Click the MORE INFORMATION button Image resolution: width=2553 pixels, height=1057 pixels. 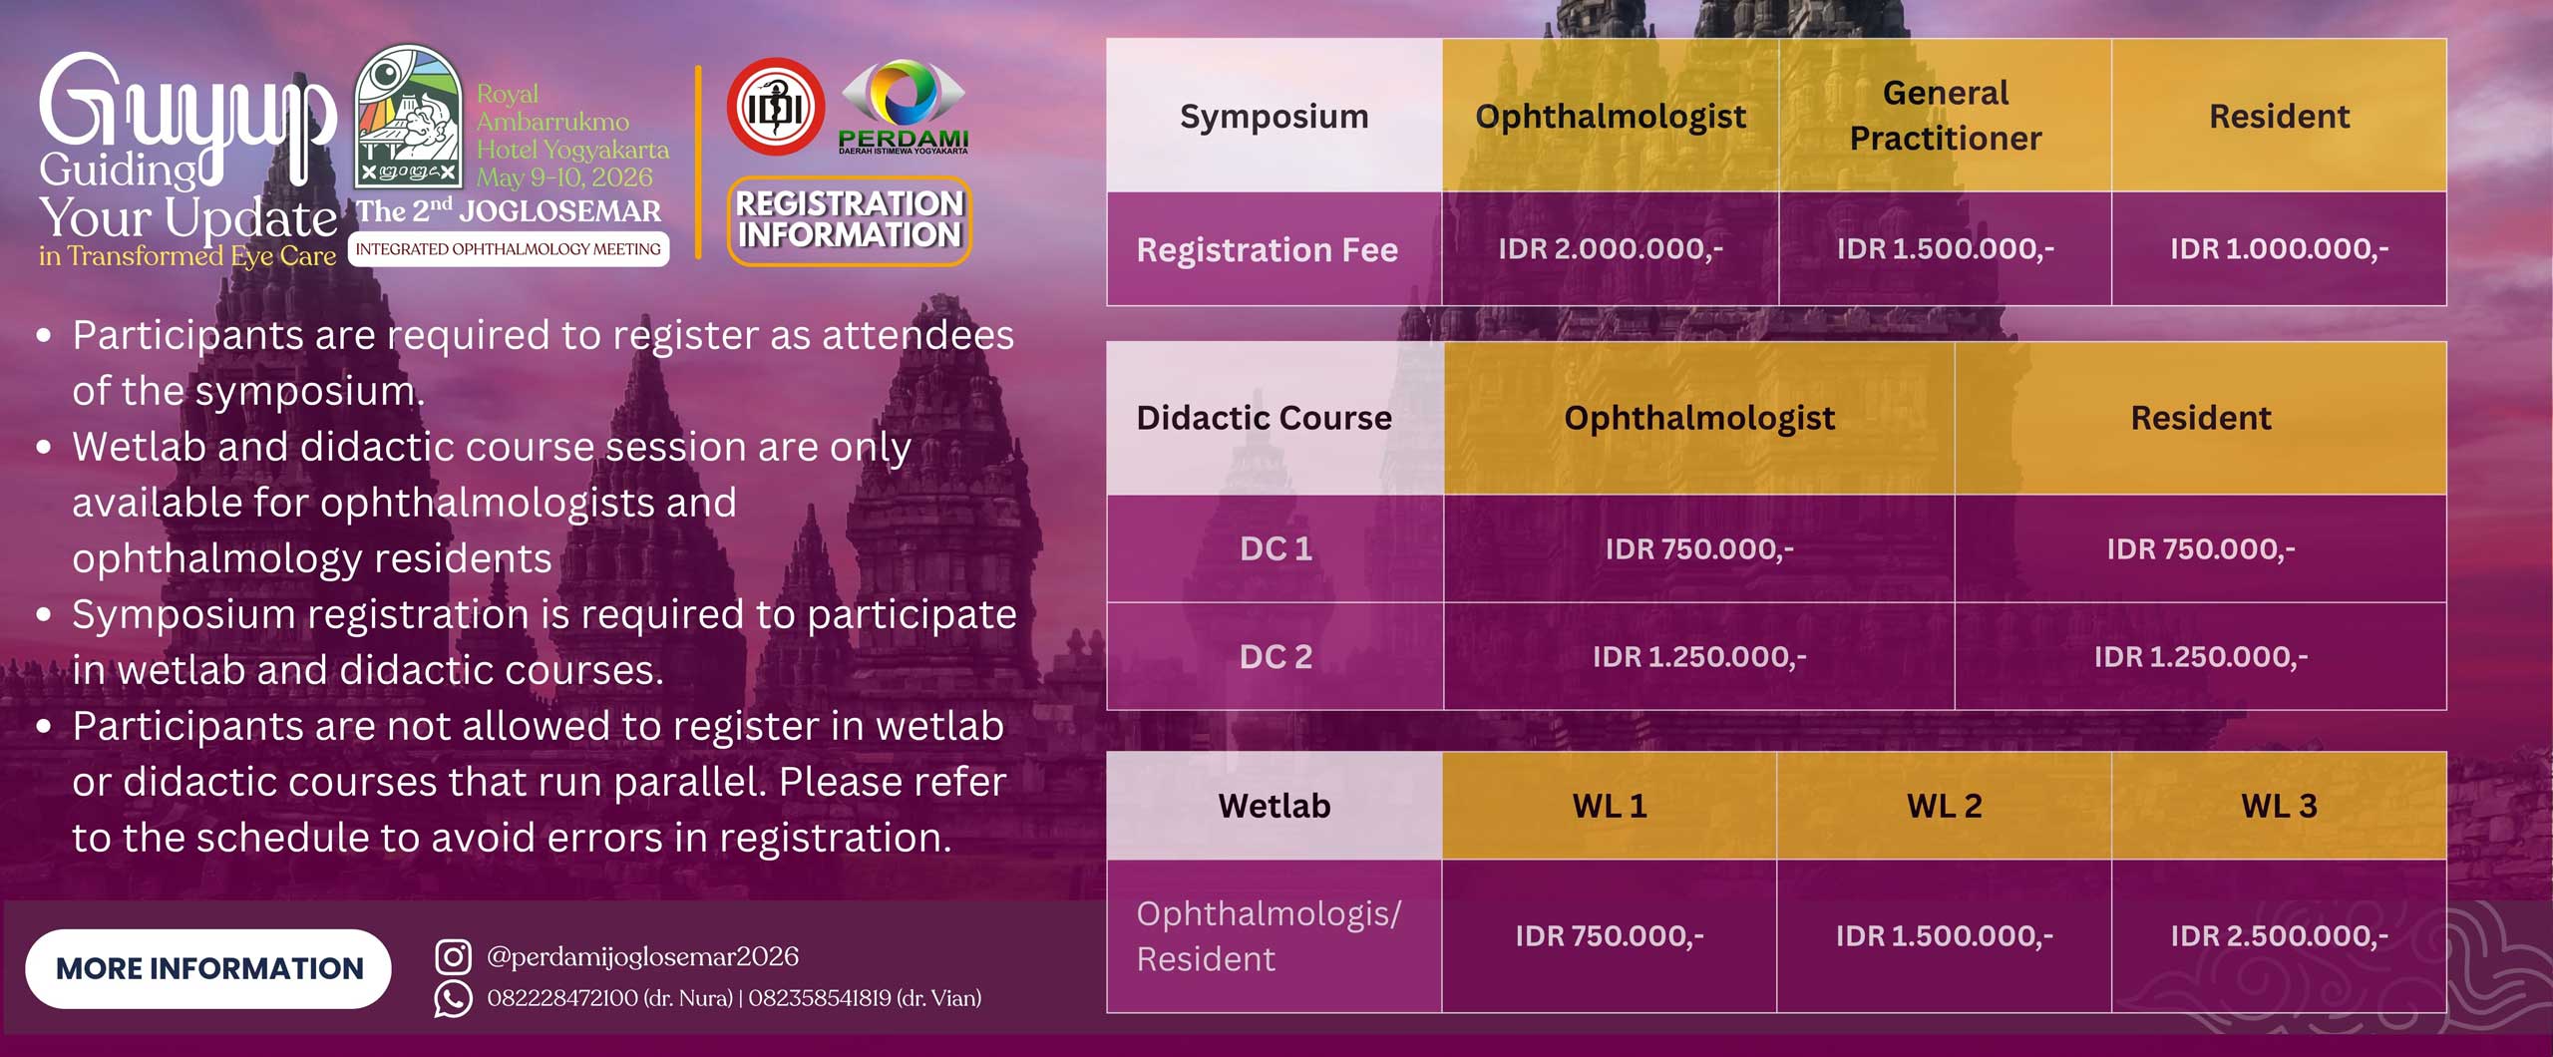[208, 968]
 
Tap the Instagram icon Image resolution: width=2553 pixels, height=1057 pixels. [453, 956]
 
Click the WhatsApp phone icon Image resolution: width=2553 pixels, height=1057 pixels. [453, 998]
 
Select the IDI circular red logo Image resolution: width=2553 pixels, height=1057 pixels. [776, 107]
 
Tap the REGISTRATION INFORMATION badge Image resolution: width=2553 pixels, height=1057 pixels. [850, 220]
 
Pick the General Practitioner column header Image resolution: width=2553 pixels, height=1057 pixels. [1945, 116]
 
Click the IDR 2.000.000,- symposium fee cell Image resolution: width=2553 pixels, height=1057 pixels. [1611, 248]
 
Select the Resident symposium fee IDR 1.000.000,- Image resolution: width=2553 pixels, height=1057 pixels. [2279, 248]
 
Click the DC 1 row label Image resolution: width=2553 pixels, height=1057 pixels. [1276, 548]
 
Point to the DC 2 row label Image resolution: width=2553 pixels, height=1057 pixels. [1276, 656]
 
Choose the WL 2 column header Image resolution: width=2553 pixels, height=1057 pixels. [1944, 806]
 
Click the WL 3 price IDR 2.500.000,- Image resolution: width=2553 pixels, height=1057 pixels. [2279, 935]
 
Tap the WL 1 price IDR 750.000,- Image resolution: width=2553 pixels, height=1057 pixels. [1610, 935]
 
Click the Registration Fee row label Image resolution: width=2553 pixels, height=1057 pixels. [1268, 249]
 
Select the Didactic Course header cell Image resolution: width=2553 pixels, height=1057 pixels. [1265, 418]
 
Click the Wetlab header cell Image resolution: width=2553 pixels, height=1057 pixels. [1275, 806]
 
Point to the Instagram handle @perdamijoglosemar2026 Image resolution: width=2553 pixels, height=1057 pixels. [642, 956]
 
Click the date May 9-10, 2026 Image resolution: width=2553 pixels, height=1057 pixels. [564, 177]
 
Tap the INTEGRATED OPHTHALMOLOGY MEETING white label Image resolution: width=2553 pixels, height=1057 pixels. [509, 249]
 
